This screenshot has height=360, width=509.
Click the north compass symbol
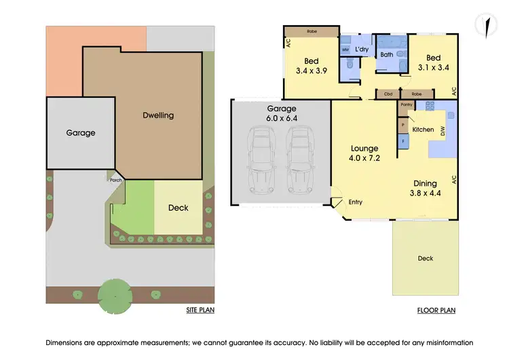point(485,24)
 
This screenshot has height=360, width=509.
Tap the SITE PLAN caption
point(200,310)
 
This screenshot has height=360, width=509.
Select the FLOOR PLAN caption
point(436,310)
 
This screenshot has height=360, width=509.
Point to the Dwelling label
point(158,115)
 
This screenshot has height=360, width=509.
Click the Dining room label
point(426,183)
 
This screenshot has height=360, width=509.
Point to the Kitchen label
point(423,129)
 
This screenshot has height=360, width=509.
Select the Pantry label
point(407,105)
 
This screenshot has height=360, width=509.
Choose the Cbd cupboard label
point(388,94)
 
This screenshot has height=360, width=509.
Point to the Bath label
point(387,54)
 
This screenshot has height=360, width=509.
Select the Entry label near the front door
point(356,202)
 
